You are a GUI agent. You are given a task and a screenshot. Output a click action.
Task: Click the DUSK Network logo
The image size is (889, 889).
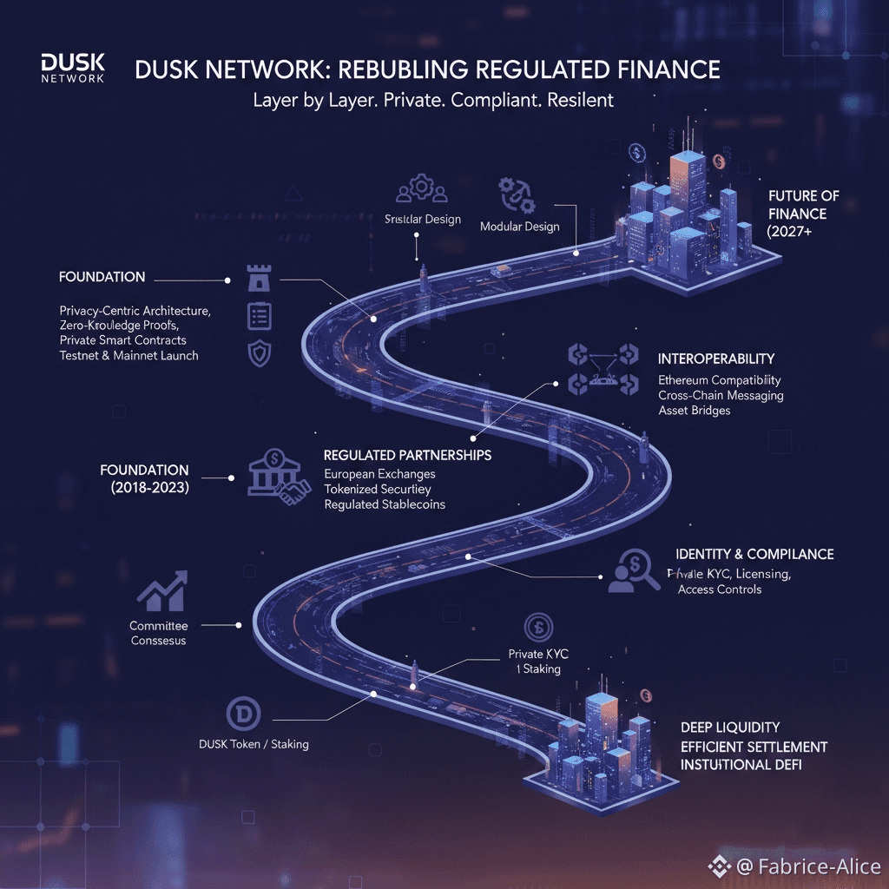tap(72, 68)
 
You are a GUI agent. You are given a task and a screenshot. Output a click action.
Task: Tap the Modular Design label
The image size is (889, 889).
tap(519, 227)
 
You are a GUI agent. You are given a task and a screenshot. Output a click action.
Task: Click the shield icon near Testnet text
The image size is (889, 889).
tap(260, 353)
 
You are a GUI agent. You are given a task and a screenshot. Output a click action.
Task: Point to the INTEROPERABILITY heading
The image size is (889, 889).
tap(716, 359)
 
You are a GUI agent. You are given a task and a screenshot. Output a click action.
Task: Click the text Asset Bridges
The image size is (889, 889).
tap(694, 410)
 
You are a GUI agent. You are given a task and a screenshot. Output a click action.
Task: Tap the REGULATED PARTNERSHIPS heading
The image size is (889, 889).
tap(407, 455)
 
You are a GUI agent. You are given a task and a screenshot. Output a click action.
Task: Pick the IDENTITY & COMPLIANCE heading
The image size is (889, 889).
tap(754, 554)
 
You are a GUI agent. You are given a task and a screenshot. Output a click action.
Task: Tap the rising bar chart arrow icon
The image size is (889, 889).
tap(163, 590)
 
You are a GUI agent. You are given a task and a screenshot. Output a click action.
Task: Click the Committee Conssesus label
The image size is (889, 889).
tap(158, 633)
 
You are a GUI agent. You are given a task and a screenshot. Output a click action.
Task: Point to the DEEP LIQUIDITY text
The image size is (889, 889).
tap(729, 727)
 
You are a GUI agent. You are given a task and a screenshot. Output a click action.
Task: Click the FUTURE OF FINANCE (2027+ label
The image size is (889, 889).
tap(803, 214)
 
